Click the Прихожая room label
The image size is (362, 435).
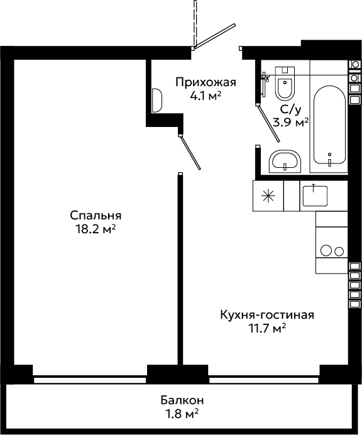pyautogui.click(x=206, y=82)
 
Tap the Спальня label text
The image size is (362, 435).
pyautogui.click(x=96, y=215)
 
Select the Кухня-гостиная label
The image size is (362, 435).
pyautogui.click(x=267, y=315)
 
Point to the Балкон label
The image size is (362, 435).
pyautogui.click(x=182, y=400)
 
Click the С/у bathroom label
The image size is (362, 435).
pyautogui.click(x=290, y=110)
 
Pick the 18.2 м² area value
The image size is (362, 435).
pyautogui.click(x=96, y=229)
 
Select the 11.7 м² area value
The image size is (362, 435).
pyautogui.click(x=267, y=329)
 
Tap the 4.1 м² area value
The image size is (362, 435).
pyautogui.click(x=206, y=96)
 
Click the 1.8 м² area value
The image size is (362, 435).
pyautogui.click(x=182, y=414)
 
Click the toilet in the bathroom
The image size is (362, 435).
pyautogui.click(x=285, y=83)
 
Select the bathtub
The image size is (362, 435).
pyautogui.click(x=329, y=125)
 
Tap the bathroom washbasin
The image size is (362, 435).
pyautogui.click(x=285, y=162)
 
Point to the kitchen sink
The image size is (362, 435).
pyautogui.click(x=315, y=196)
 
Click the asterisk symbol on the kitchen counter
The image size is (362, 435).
pyautogui.click(x=268, y=196)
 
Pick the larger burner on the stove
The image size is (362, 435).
pyautogui.click(x=326, y=251)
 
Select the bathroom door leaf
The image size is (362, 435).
pyautogui.click(x=268, y=123)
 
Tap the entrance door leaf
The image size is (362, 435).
pyautogui.click(x=215, y=36)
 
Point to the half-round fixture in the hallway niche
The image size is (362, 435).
pyautogui.click(x=156, y=101)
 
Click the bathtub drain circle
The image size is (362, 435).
pyautogui.click(x=329, y=155)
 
